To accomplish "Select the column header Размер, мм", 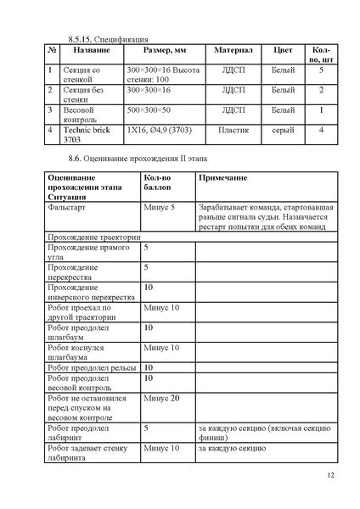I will (165, 51).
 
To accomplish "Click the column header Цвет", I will (283, 51).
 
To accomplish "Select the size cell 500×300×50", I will (149, 110).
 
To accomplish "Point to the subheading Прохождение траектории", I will (95, 238).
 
